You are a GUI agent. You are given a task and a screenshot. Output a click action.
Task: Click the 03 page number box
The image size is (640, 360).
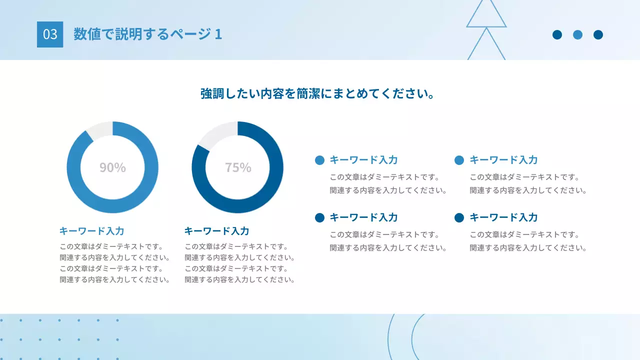[50, 34]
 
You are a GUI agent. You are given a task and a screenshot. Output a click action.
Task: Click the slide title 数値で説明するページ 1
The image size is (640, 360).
[147, 34]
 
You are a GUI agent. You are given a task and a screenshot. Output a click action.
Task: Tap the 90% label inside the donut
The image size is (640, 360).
[112, 167]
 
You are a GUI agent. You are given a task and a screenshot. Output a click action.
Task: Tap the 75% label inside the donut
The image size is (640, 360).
[238, 167]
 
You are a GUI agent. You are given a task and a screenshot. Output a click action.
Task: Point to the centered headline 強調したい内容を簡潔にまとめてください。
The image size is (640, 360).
[317, 93]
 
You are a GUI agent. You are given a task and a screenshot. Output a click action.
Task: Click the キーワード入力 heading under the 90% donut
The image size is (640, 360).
[91, 231]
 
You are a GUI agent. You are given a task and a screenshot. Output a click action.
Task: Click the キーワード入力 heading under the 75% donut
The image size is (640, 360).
[216, 231]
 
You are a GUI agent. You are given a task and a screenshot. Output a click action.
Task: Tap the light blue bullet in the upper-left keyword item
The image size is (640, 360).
[320, 160]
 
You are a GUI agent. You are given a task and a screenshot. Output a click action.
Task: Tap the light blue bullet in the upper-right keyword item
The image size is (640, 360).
[459, 160]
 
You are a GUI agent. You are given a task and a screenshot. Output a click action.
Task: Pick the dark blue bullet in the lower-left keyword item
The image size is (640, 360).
[320, 217]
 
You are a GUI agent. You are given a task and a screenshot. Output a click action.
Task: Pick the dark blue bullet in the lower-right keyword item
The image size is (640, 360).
[459, 217]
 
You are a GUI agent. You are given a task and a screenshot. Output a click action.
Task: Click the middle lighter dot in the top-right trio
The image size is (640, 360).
[577, 34]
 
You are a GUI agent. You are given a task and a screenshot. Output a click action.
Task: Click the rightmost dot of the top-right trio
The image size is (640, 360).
[598, 34]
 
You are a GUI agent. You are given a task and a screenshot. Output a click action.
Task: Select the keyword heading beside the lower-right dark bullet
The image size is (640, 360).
[503, 217]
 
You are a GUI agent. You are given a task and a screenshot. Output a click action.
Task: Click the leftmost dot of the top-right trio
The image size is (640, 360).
[557, 34]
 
